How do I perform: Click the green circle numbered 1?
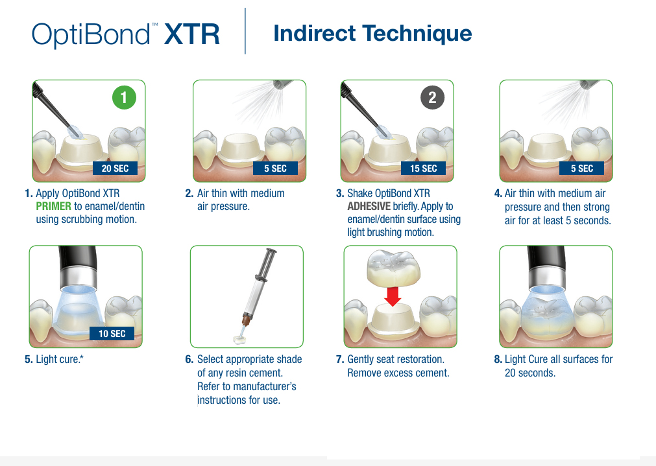[x=124, y=97]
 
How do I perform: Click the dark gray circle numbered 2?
[x=432, y=97]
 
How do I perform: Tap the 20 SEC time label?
[x=115, y=169]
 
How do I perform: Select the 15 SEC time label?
[x=424, y=169]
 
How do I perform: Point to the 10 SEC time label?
[x=112, y=334]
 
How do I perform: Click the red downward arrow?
[x=393, y=296]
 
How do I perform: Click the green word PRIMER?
[x=54, y=207]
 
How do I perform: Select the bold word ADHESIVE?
[x=369, y=207]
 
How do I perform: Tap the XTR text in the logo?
[x=191, y=34]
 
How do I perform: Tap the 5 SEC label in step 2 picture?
[x=275, y=169]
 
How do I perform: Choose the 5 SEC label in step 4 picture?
[x=582, y=169]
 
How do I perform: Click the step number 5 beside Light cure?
[x=29, y=360]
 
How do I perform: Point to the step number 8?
[x=498, y=360]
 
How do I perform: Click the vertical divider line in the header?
[x=245, y=31]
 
